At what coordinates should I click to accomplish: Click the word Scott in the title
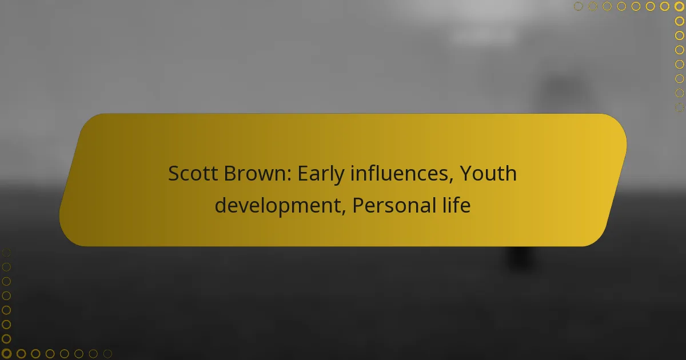pyautogui.click(x=193, y=174)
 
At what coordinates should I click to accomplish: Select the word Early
pyautogui.click(x=321, y=175)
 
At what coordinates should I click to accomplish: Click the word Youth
pyautogui.click(x=488, y=173)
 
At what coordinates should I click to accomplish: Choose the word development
pyautogui.click(x=278, y=206)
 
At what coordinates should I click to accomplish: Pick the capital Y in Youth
pyautogui.click(x=466, y=174)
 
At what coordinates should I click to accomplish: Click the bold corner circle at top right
pyautogui.click(x=679, y=6)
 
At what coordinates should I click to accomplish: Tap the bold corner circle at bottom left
pyautogui.click(x=6, y=354)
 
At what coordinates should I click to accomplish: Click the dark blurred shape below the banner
pyautogui.click(x=521, y=257)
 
